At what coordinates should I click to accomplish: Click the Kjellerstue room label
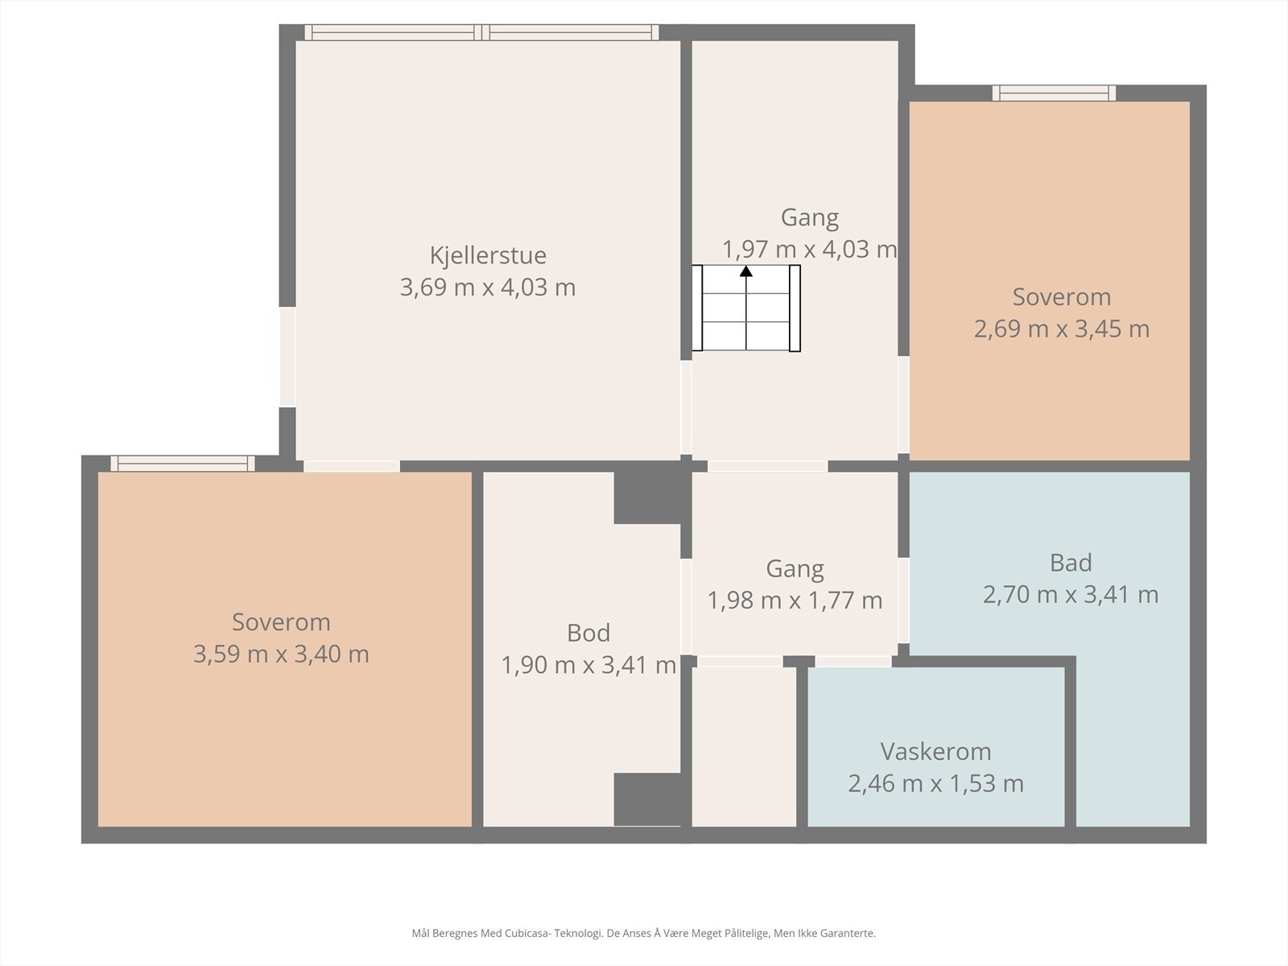pos(488,256)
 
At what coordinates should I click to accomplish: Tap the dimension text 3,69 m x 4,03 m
pos(488,287)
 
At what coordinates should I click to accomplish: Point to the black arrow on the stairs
pos(745,308)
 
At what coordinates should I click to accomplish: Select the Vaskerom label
pos(935,751)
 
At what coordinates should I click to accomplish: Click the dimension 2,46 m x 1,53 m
pos(935,783)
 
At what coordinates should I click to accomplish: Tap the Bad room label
pos(1071,563)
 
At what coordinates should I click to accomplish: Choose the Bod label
pos(588,633)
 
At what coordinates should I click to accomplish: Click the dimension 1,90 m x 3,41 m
pos(588,665)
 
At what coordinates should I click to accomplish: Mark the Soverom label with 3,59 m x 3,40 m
pos(281,622)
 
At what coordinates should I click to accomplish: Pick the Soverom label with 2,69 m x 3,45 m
pos(1062,297)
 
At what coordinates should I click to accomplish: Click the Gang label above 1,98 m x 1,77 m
pos(795,569)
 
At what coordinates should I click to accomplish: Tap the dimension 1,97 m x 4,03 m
pos(809,250)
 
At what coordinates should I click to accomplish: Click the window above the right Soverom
pos(1054,93)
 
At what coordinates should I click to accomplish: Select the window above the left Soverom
pos(183,464)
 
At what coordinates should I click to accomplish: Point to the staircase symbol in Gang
pos(745,308)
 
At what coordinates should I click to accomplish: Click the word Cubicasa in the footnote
pos(528,934)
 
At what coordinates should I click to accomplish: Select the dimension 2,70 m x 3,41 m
pos(1071,595)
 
